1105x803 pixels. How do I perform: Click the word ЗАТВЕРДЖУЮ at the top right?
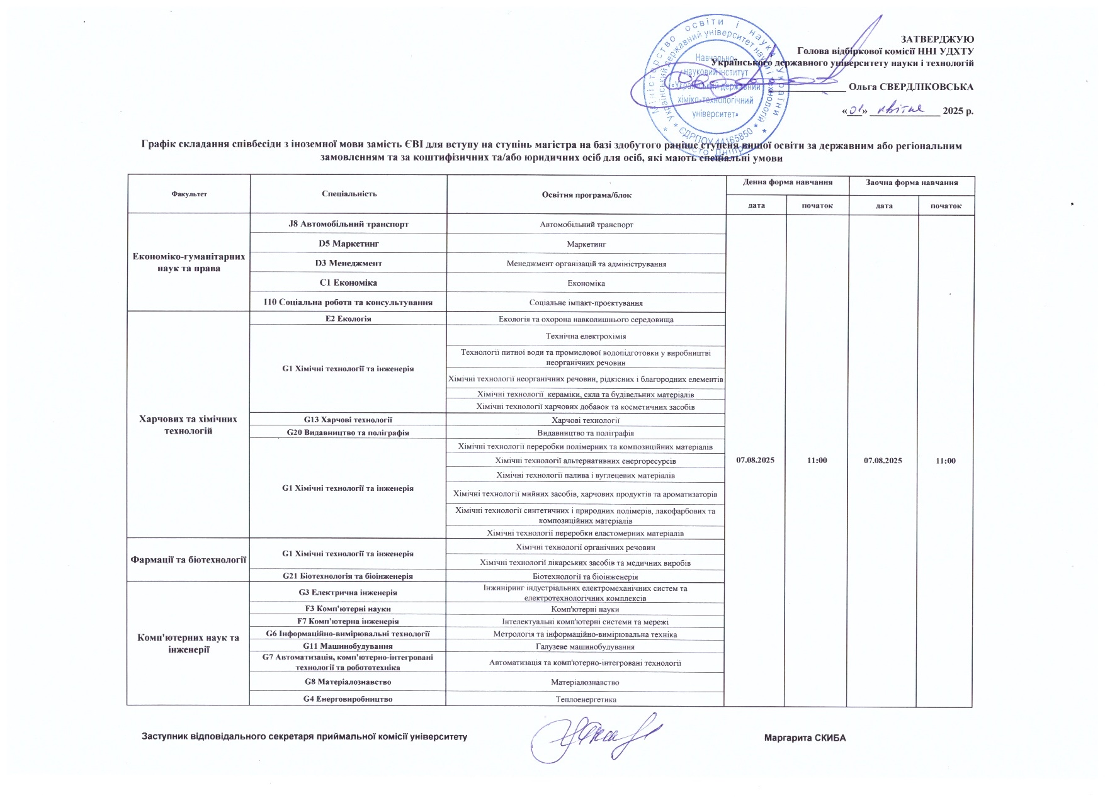coord(938,39)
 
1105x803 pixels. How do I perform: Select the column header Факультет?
coord(189,194)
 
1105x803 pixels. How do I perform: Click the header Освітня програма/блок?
coord(586,195)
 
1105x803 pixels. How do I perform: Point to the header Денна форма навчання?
coord(787,182)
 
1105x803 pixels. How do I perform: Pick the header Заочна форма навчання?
coord(912,182)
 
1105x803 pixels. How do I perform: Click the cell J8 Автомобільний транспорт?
coord(348,224)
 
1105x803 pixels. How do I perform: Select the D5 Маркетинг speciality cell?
coord(348,244)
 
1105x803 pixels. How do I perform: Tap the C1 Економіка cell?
coord(348,283)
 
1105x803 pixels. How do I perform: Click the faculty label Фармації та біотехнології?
coord(188,559)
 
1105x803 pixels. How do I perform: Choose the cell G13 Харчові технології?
coord(348,420)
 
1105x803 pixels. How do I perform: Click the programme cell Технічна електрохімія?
coord(586,337)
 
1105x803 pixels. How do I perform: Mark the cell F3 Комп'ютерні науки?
coord(348,609)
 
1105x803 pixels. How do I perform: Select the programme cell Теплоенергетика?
coord(586,699)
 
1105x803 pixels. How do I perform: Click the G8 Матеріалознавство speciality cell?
coord(348,682)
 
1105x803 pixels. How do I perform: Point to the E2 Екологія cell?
coord(348,319)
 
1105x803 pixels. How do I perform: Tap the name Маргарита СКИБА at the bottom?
coord(805,738)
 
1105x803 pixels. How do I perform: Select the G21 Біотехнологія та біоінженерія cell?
coord(348,576)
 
